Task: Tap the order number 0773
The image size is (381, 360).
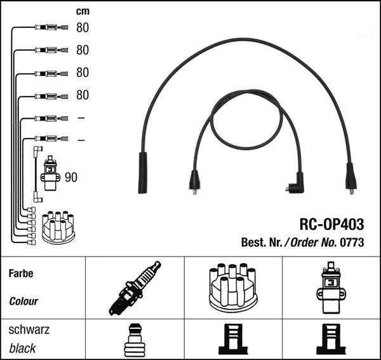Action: tap(353, 242)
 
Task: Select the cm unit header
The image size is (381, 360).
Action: tap(83, 11)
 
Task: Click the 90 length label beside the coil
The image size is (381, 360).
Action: tap(71, 177)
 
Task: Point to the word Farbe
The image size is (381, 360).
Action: tap(21, 274)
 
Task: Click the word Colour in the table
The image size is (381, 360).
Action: tap(23, 302)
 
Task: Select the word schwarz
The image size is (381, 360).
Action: tap(29, 330)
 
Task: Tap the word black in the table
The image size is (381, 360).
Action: tap(23, 348)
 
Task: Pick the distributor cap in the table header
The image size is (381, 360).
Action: tap(232, 287)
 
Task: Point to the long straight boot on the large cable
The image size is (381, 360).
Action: tap(143, 172)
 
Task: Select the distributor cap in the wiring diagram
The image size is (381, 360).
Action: tap(58, 227)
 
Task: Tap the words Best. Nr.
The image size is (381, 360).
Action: tap(262, 242)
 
